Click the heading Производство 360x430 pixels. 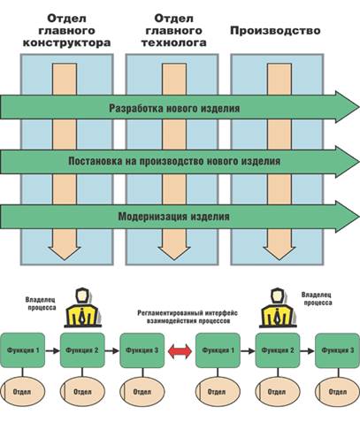pos(275,31)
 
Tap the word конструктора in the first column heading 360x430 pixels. pos(66,42)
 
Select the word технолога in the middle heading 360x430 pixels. pos(174,42)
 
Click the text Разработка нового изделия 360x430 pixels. pos(174,108)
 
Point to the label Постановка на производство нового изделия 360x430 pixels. pos(174,161)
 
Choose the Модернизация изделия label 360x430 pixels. pos(174,217)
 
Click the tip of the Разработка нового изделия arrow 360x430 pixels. pos(359,106)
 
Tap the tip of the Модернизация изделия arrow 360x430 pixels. pos(359,216)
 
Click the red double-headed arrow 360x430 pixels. pos(180,351)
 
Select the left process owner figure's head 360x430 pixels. pos(81,296)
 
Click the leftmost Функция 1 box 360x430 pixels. pos(23,350)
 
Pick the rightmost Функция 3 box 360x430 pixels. pos(337,350)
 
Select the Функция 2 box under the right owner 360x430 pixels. pos(278,350)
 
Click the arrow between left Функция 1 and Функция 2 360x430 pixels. pos(52,351)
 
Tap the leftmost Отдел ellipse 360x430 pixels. pos(23,392)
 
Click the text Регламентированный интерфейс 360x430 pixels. pos(188,313)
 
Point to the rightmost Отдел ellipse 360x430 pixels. pos(337,392)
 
